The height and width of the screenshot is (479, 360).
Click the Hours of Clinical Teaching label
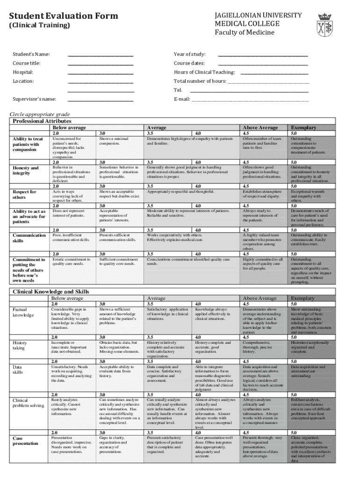point(204,72)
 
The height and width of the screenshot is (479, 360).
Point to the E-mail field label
point(182,99)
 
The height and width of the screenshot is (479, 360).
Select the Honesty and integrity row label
point(26,171)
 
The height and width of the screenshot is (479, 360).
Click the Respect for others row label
point(24,195)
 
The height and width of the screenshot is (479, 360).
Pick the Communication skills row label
point(29,238)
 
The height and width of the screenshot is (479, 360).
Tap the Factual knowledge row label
point(24,312)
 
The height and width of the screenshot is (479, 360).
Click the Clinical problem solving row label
point(29,403)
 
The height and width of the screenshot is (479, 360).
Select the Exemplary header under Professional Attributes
point(303,127)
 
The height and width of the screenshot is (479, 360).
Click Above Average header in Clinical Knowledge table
point(260,298)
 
